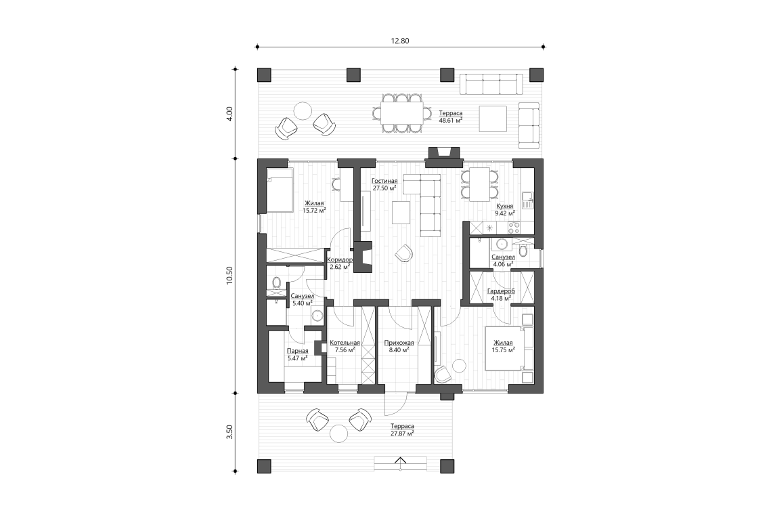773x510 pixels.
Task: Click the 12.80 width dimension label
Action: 399,41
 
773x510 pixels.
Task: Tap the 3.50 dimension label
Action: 229,432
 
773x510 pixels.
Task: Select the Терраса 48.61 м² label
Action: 451,116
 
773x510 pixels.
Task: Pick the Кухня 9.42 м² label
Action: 504,209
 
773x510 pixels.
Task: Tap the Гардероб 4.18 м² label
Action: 501,294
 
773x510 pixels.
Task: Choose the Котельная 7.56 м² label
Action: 345,347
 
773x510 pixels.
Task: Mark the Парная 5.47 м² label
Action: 298,354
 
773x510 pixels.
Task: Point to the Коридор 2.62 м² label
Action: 338,263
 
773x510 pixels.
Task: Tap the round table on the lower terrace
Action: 338,432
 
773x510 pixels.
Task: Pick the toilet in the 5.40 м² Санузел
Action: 277,283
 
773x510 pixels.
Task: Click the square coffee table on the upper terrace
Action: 493,119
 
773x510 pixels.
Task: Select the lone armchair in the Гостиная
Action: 403,253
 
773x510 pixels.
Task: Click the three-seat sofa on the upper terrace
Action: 492,85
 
